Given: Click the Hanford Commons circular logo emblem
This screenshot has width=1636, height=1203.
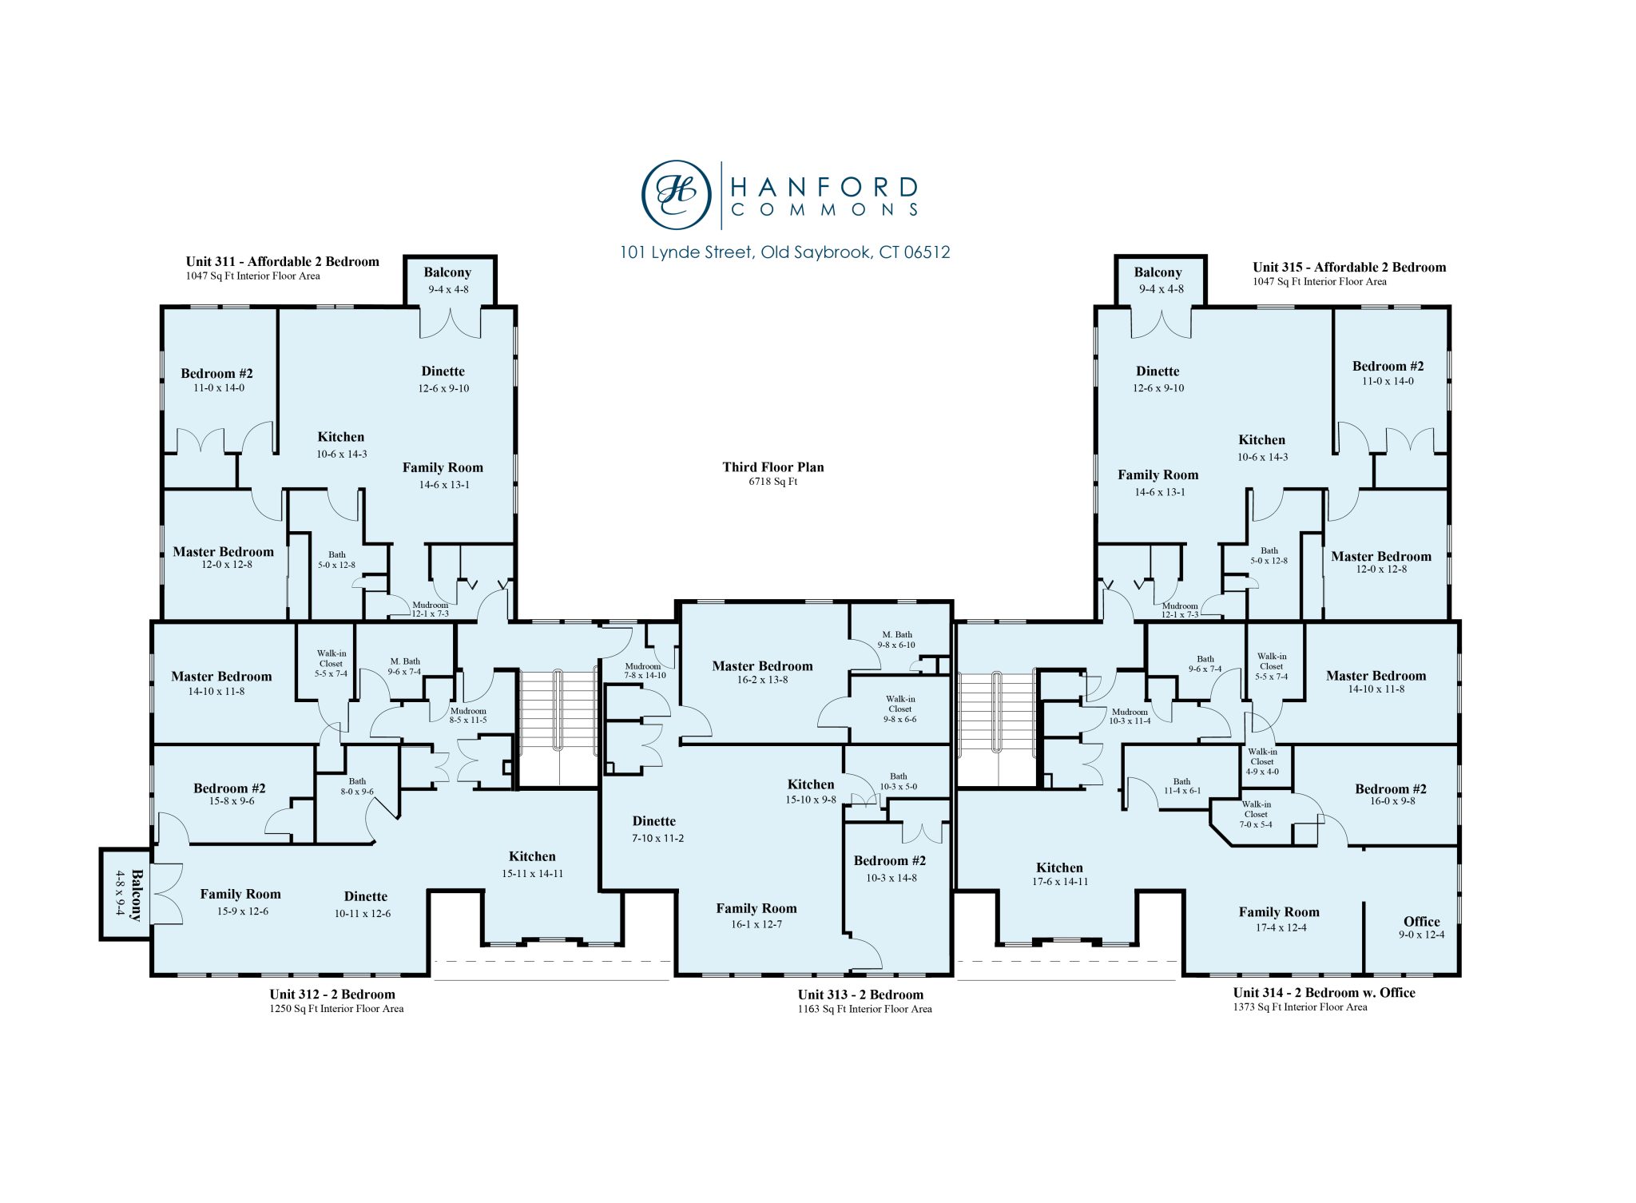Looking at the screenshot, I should [676, 194].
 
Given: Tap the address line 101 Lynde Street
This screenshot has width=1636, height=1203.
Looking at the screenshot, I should [784, 252].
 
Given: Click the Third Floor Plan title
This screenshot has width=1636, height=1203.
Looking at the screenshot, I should [772, 467].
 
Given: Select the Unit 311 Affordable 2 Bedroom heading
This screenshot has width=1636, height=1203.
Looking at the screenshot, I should [282, 261].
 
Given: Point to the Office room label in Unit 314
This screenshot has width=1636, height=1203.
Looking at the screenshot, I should [1421, 921].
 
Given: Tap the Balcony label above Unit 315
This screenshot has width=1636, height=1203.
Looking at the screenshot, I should [1158, 272].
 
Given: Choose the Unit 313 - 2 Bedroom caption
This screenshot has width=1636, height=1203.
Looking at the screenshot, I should [860, 995].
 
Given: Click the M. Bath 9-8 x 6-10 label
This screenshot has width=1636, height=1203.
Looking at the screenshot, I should [896, 640].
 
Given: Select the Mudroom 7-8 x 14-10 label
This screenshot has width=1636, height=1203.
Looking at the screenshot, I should [644, 671].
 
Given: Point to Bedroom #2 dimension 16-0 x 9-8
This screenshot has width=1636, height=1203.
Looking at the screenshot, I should [1392, 801].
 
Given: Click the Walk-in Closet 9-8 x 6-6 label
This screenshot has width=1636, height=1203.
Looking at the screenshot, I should [899, 709].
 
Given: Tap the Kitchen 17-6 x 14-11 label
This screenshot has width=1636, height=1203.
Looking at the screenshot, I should [1059, 874].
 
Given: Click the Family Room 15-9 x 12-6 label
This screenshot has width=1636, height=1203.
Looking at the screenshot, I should [240, 902].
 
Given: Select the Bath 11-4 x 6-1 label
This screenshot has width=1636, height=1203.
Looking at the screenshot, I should [1181, 786].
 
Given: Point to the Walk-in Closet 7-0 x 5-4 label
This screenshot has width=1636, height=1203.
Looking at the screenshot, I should [1255, 814].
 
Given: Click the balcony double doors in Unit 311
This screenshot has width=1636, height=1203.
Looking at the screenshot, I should [450, 323].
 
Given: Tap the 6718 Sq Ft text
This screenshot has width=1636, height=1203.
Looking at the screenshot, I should [772, 482].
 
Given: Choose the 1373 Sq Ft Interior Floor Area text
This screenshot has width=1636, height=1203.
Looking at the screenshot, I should [1300, 1007].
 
